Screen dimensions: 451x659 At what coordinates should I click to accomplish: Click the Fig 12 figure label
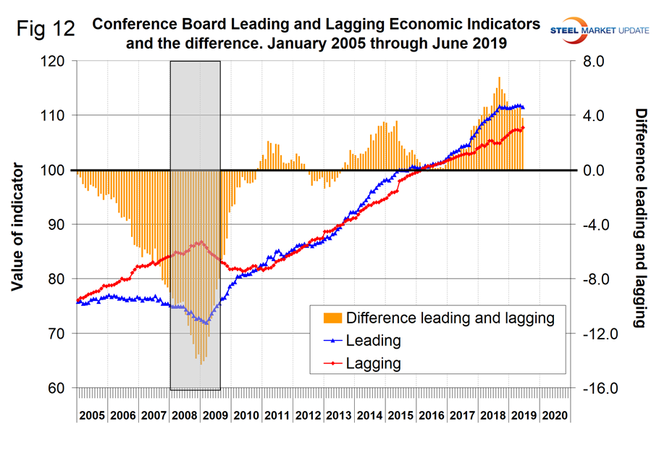pyautogui.click(x=48, y=31)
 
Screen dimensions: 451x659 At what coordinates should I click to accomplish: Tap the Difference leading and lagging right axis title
pyautogui.click(x=640, y=218)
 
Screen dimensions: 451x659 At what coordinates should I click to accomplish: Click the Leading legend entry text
pyautogui.click(x=374, y=341)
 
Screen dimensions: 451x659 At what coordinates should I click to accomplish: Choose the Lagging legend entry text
pyautogui.click(x=374, y=363)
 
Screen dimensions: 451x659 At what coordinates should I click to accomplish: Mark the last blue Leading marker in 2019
pyautogui.click(x=523, y=108)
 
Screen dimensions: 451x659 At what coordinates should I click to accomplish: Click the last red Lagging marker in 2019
pyautogui.click(x=523, y=128)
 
